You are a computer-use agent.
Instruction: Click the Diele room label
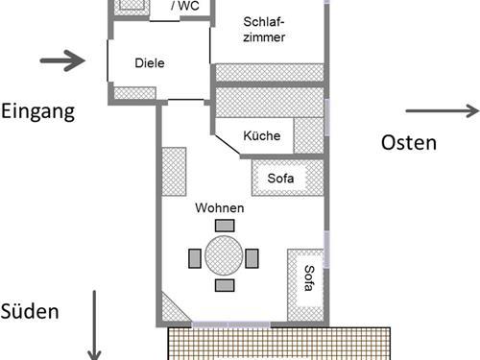150,63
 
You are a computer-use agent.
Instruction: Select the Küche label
262,136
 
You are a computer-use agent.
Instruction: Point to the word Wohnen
220,207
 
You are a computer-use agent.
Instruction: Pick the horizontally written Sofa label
282,178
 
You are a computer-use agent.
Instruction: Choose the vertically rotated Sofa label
309,278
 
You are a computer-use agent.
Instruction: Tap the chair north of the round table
225,226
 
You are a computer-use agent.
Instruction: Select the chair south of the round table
225,285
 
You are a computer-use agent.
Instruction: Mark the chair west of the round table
196,256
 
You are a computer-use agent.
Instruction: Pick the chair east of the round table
252,257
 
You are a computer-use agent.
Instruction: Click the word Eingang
38,110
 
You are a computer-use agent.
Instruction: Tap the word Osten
409,142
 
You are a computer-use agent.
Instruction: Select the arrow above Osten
441,110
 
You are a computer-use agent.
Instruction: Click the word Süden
31,311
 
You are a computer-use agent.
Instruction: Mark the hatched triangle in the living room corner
171,308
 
